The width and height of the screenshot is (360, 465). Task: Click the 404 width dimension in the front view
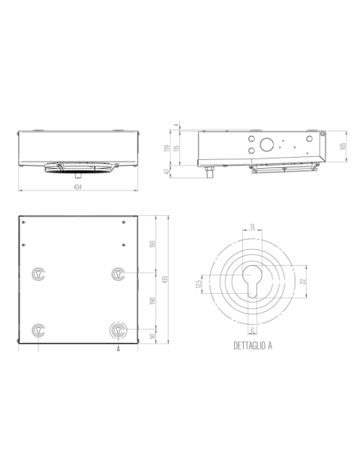tap(77, 187)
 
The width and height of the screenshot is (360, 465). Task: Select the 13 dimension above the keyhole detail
tap(252, 228)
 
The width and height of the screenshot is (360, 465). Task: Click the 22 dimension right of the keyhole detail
tap(303, 281)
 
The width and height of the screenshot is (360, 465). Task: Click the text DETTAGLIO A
tap(252, 346)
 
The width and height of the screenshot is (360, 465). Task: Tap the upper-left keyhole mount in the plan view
tap(38, 272)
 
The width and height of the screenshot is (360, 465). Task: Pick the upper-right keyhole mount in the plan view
tap(118, 272)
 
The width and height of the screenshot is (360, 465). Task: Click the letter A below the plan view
tap(118, 349)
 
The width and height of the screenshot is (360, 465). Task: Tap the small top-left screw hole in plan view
tap(25, 221)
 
